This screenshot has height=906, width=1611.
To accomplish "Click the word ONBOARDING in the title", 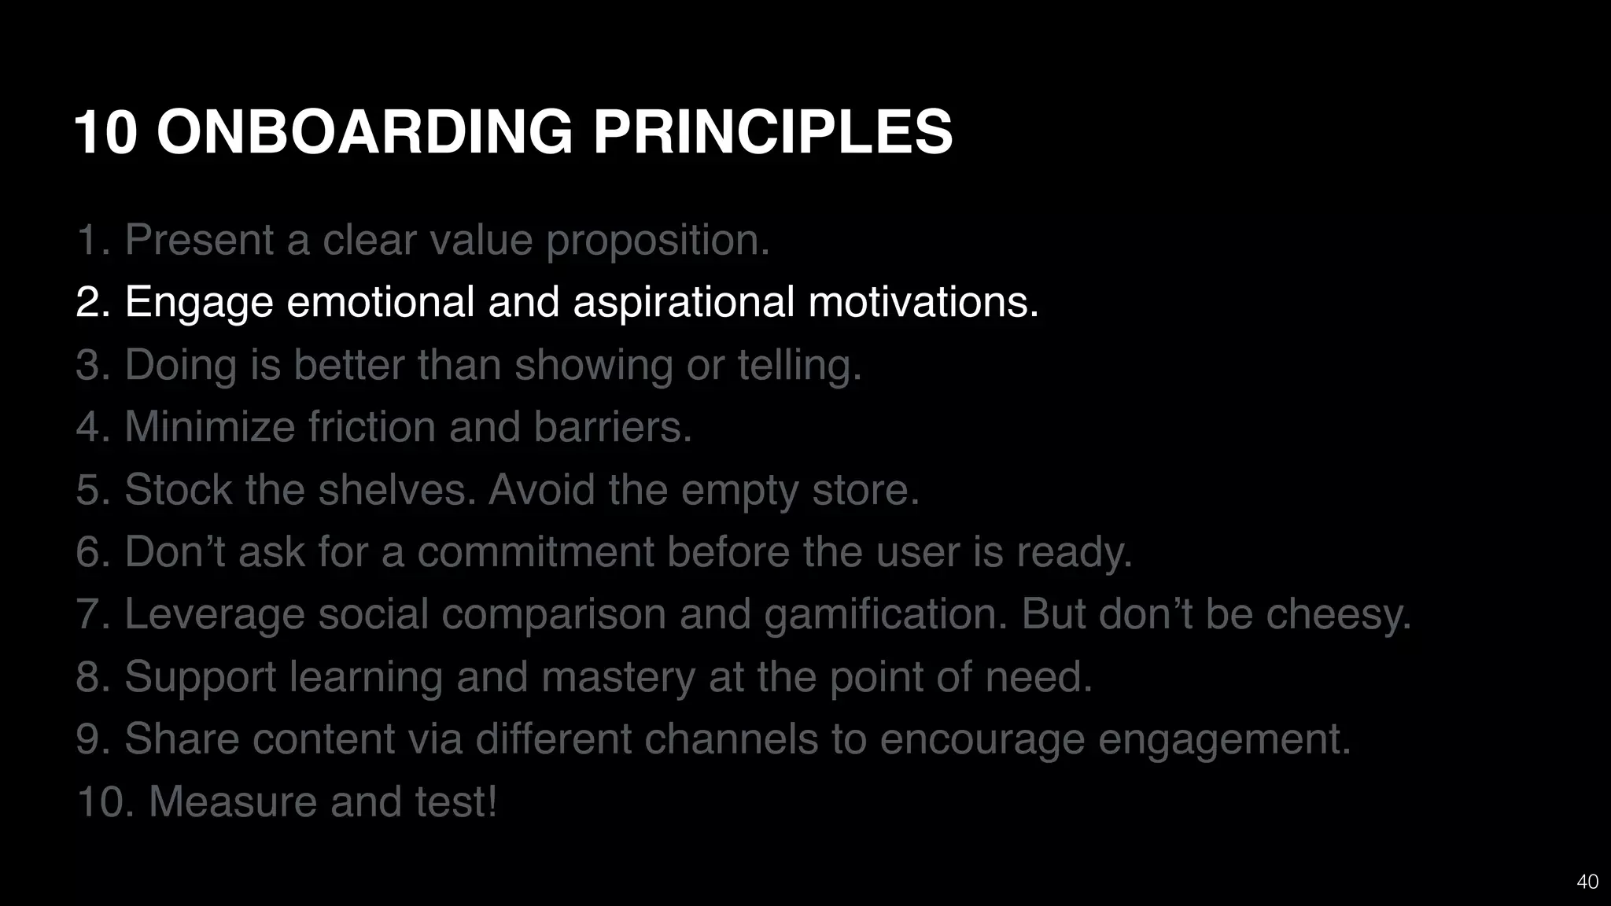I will click(364, 131).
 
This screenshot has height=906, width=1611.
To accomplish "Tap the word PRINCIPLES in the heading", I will click(772, 131).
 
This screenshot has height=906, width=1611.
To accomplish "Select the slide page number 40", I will click(1587, 882).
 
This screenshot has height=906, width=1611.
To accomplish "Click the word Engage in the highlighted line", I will click(198, 302).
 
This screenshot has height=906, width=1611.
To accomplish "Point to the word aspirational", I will click(684, 302).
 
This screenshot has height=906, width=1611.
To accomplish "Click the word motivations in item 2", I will click(923, 302).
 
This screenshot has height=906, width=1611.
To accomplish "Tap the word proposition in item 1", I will click(657, 240).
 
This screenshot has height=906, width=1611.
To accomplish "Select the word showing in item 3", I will click(593, 365).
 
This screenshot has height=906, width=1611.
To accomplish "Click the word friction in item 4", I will click(371, 427).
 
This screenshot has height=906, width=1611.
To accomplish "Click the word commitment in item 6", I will click(535, 551).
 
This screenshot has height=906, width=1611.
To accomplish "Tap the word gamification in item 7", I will click(885, 614).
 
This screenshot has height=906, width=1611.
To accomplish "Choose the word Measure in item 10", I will click(233, 801).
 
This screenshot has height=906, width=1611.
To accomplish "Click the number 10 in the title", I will click(106, 131).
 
